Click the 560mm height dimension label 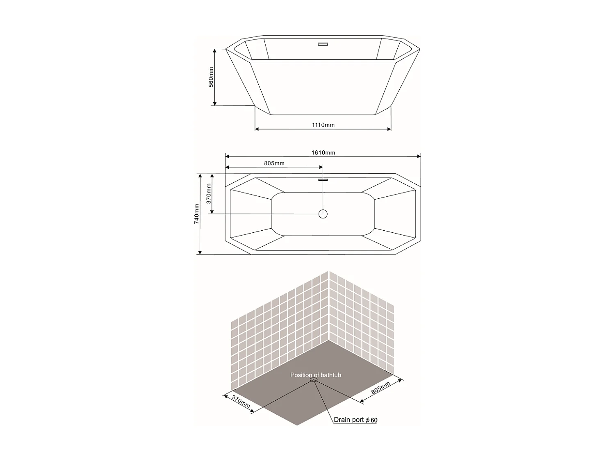[x=211, y=77]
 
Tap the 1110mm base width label [x=323, y=125]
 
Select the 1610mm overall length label [x=323, y=152]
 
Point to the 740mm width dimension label [x=197, y=213]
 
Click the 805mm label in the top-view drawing [x=274, y=163]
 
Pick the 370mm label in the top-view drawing [x=209, y=193]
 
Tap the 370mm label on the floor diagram [x=241, y=402]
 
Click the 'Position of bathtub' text [x=316, y=375]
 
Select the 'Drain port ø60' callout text [x=355, y=420]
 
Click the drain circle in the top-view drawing [x=323, y=213]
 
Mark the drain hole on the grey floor [x=314, y=380]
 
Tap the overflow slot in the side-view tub [x=323, y=44]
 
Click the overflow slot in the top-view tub [x=323, y=179]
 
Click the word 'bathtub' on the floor [x=331, y=375]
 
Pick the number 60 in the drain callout [x=374, y=420]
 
